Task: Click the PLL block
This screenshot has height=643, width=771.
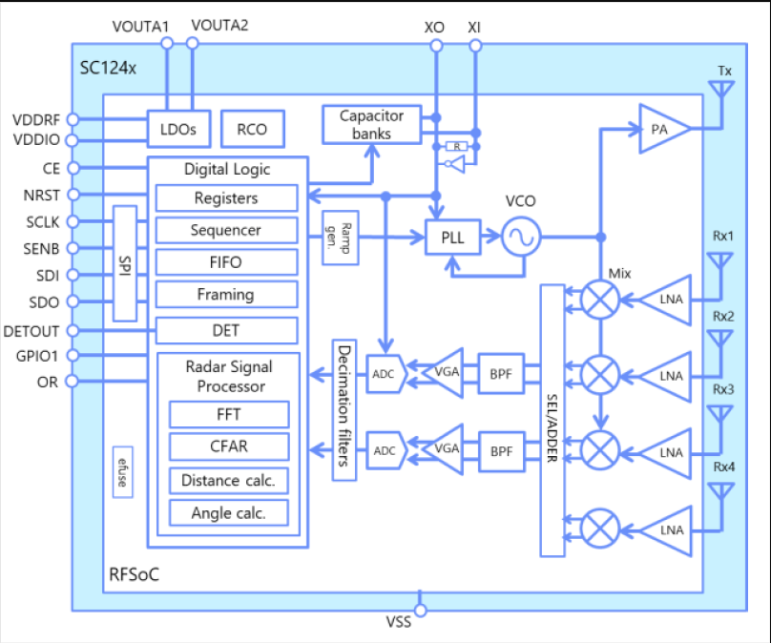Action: click(x=453, y=238)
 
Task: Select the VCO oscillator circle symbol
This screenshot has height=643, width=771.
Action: click(x=522, y=237)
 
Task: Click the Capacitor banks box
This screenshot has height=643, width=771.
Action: click(x=372, y=125)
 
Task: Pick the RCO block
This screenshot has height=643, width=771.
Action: click(x=251, y=129)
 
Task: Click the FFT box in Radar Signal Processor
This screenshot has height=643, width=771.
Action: click(x=229, y=414)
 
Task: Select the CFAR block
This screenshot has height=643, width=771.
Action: click(x=229, y=446)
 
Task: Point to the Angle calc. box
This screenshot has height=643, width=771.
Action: click(x=229, y=512)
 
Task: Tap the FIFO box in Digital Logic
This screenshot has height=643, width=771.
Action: click(x=225, y=262)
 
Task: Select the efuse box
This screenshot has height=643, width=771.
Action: click(x=122, y=472)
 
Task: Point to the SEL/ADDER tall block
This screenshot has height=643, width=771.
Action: click(x=552, y=420)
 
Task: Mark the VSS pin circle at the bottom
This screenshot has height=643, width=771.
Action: click(x=419, y=607)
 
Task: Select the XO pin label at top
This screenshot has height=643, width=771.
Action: click(x=434, y=27)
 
